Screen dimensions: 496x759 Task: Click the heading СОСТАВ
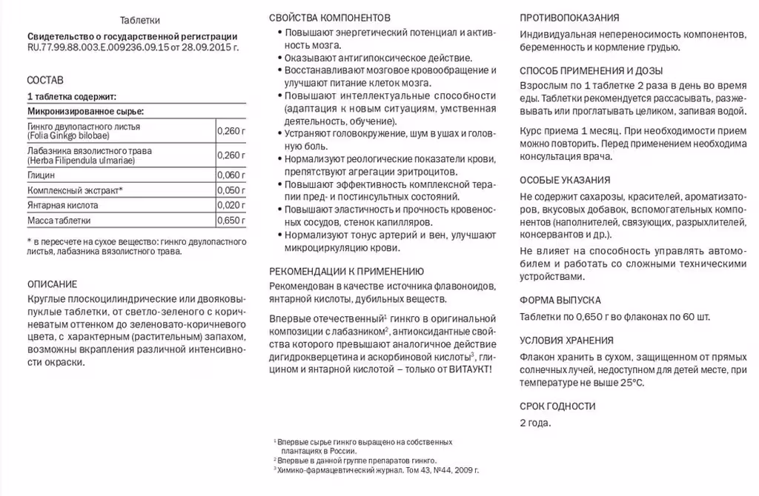[x=45, y=79]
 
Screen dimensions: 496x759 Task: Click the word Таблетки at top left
[x=140, y=20]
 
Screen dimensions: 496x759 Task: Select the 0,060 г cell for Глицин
[x=230, y=175]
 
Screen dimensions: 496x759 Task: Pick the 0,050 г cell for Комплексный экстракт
[x=230, y=190]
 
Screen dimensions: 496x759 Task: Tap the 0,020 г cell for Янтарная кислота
[x=230, y=205]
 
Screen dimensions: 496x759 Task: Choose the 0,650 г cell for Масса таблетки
[x=230, y=221]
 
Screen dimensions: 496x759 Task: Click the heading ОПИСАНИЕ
[x=52, y=284]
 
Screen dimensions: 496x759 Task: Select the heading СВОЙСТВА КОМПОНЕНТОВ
[x=330, y=18]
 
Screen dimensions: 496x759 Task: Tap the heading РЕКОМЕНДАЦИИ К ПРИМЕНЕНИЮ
[x=346, y=272]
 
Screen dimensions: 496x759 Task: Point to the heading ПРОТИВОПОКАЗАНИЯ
[x=569, y=18]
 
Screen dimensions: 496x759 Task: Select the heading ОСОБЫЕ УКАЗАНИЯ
[x=565, y=180]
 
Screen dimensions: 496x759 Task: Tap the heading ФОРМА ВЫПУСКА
[x=560, y=300]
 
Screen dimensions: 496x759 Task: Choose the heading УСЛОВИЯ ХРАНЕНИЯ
[x=566, y=341]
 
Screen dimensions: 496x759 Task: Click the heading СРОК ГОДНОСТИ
[x=557, y=406]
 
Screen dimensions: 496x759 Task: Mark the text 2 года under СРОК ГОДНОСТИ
[x=535, y=423]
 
